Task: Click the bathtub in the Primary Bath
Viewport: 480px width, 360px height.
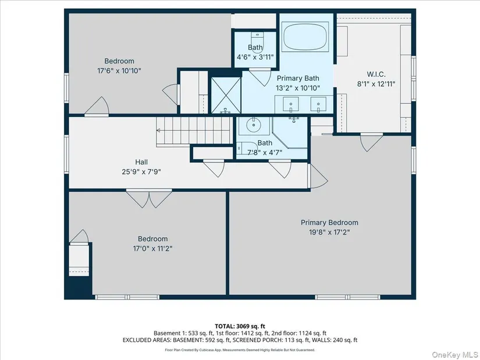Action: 306,37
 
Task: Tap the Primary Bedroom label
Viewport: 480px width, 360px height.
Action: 329,223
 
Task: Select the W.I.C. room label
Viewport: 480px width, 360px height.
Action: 376,74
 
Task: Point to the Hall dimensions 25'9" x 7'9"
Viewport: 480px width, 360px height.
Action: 141,172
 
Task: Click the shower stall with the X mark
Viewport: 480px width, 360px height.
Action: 226,95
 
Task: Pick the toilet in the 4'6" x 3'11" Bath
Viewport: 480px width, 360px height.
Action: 257,42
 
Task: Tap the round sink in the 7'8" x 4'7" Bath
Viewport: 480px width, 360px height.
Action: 254,125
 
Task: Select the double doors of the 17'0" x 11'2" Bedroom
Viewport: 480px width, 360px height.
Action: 149,199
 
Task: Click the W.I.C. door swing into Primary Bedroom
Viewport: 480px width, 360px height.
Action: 371,142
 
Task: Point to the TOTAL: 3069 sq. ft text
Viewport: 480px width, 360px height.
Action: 240,326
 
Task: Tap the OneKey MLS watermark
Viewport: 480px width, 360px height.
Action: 454,355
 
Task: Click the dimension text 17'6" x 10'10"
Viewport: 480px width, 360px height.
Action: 119,71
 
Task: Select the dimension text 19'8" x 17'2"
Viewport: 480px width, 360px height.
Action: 329,232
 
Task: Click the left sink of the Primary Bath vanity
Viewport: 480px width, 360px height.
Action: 290,105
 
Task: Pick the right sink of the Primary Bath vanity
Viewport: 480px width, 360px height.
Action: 318,105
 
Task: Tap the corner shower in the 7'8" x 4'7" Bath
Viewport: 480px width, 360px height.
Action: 290,132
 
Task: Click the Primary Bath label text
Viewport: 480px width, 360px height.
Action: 298,79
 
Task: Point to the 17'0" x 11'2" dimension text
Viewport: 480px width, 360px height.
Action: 152,248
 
